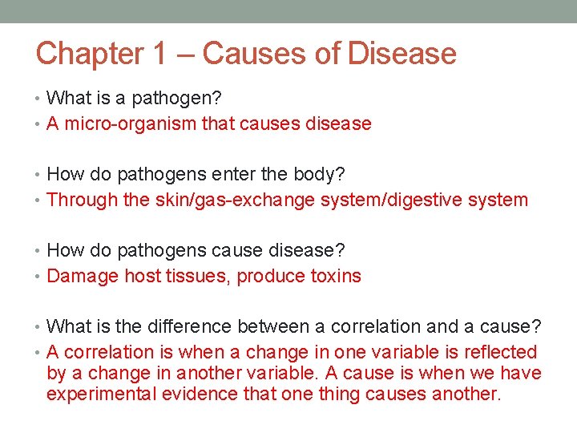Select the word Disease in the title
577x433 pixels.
pyautogui.click(x=402, y=54)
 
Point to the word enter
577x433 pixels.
pyautogui.click(x=233, y=174)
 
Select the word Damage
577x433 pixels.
pyautogui.click(x=83, y=276)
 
